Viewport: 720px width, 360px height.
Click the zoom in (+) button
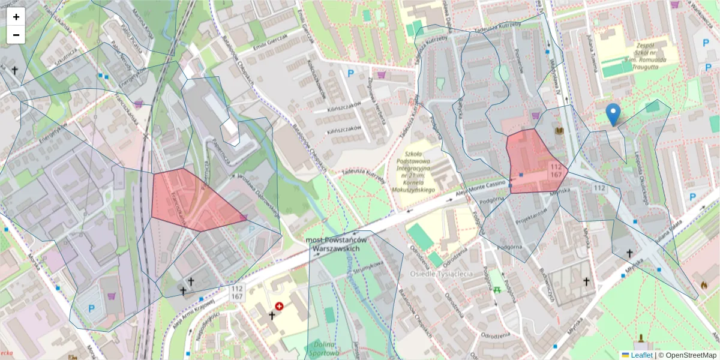16,17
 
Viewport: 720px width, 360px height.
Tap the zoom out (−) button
16,35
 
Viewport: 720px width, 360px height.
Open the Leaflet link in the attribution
641,355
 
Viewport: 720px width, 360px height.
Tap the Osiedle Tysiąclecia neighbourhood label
441,274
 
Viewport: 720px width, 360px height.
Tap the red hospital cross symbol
279,306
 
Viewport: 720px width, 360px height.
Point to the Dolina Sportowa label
323,348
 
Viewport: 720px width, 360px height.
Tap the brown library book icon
560,130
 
